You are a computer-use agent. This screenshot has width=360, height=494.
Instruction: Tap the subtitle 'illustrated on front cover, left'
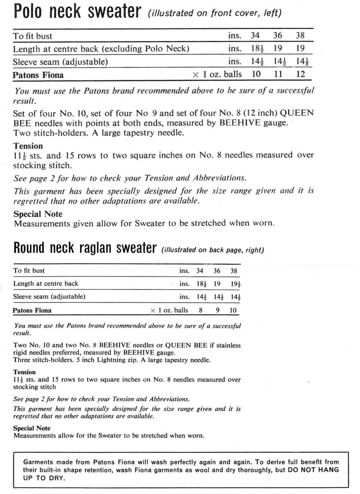click(215, 13)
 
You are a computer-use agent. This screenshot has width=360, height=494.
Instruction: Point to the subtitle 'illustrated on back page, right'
click(213, 250)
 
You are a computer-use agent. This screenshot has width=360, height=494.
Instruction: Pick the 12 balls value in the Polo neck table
click(300, 74)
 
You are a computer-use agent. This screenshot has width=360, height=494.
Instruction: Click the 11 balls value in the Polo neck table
click(278, 74)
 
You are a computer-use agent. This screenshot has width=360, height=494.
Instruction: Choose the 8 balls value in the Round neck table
click(200, 310)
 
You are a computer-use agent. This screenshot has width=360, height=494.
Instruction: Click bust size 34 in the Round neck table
click(200, 271)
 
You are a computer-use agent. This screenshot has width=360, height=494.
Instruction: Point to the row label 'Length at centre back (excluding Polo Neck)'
click(101, 49)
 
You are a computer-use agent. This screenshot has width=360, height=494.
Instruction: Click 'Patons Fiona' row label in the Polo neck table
click(38, 75)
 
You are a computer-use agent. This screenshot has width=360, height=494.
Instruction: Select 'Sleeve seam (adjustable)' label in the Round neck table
click(49, 297)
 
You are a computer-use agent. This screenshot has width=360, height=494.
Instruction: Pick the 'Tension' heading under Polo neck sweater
click(28, 146)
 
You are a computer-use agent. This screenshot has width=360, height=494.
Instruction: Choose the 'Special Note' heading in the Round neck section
click(32, 428)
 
